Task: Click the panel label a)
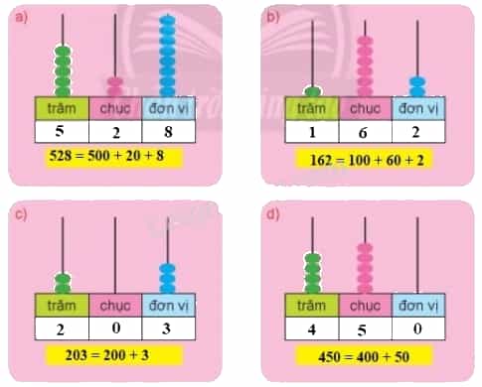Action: pyautogui.click(x=21, y=17)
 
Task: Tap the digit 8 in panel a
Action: pyautogui.click(x=168, y=132)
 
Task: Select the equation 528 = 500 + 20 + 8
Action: pyautogui.click(x=106, y=155)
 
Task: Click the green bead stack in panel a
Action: pyautogui.click(x=63, y=71)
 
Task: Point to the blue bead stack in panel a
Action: pyautogui.click(x=167, y=56)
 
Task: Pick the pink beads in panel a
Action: pyautogui.click(x=115, y=87)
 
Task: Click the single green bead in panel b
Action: pyautogui.click(x=312, y=91)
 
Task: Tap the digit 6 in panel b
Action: pyautogui.click(x=363, y=133)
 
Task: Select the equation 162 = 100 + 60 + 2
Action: pyautogui.click(x=367, y=160)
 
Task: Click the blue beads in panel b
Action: pyautogui.click(x=417, y=86)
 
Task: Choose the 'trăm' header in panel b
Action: pyautogui.click(x=311, y=108)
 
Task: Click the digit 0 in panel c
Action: pyautogui.click(x=116, y=327)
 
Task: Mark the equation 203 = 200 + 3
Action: pyautogui.click(x=107, y=355)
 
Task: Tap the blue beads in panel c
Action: pyautogui.click(x=168, y=279)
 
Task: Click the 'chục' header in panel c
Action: pyautogui.click(x=115, y=306)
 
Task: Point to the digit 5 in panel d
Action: pyautogui.click(x=362, y=330)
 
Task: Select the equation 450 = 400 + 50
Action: pyautogui.click(x=364, y=357)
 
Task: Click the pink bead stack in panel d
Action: pyautogui.click(x=365, y=268)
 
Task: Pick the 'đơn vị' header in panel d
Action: pyautogui.click(x=418, y=305)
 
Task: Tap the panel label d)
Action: pyautogui.click(x=273, y=214)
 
